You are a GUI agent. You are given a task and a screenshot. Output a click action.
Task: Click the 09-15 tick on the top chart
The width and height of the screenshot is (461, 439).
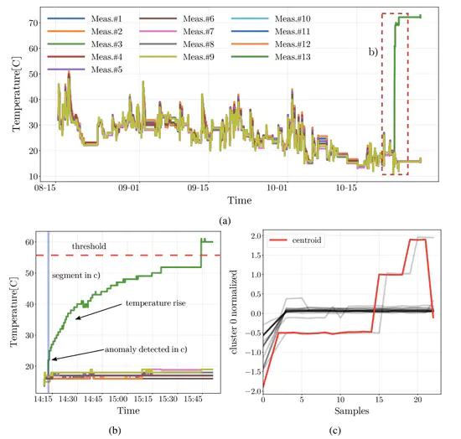pyautogui.click(x=202, y=188)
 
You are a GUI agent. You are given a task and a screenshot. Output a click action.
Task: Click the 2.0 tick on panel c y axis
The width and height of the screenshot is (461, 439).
pyautogui.click(x=251, y=235)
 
